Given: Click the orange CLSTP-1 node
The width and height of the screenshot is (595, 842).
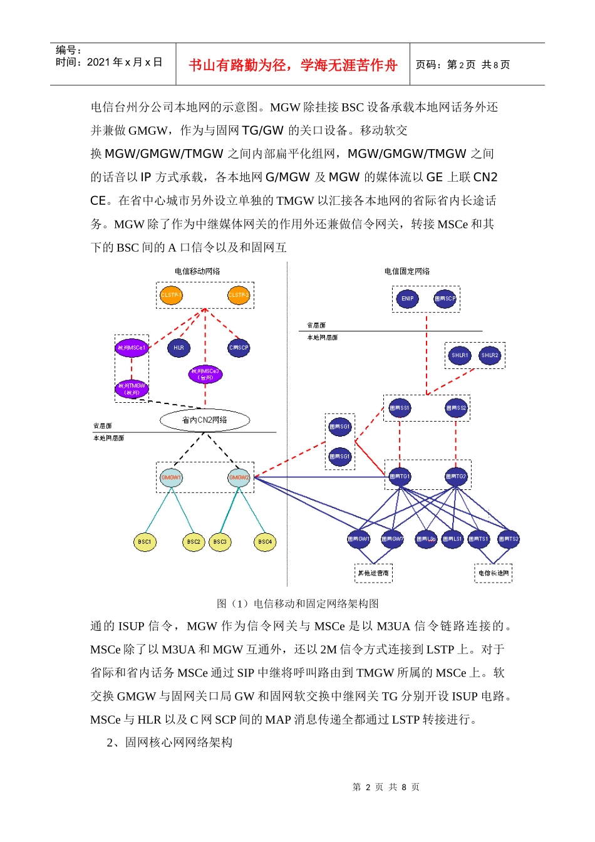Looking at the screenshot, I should point(171,295).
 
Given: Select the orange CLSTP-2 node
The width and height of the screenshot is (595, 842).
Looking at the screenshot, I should point(239,295).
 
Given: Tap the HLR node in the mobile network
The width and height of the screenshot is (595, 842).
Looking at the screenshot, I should point(178,348).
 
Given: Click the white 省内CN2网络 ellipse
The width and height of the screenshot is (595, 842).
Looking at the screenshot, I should point(205,420).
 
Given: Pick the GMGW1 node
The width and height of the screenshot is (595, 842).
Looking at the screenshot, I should point(171,477).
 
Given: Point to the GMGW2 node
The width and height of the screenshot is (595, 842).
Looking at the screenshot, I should point(239,477).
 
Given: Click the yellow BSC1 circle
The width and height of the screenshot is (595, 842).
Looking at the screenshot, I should point(145,542).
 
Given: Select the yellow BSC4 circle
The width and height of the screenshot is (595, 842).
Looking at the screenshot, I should point(265,542).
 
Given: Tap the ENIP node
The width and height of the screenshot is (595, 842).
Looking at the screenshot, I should point(408,299).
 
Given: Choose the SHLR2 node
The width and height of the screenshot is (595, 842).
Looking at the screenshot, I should point(489,355).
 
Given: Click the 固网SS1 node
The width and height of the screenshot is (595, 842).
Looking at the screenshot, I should point(400,408).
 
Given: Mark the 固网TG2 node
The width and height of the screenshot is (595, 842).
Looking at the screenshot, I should point(456,477).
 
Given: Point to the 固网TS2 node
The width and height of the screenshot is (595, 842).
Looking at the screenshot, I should point(508,539).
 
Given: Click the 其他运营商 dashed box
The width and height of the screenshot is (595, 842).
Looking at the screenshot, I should point(373,573).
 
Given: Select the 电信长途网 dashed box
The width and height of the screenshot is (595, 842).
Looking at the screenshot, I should point(494,573).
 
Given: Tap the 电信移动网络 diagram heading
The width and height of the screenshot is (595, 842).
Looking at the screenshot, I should point(197,271).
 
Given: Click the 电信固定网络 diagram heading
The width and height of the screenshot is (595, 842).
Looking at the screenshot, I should point(407,271).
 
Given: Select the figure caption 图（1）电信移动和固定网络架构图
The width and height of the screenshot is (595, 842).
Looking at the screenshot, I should point(297,604).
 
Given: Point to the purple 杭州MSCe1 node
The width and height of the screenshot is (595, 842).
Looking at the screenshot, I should point(132,348).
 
